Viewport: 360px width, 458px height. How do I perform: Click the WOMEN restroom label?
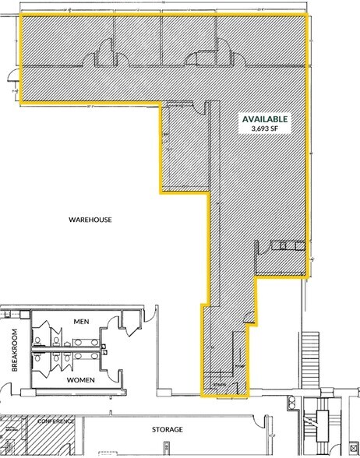[x=82, y=379]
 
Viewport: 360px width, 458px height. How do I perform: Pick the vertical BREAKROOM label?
[x=14, y=351]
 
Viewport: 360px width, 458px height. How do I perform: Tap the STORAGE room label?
[x=168, y=429]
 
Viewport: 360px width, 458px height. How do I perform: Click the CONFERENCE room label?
[x=54, y=421]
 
